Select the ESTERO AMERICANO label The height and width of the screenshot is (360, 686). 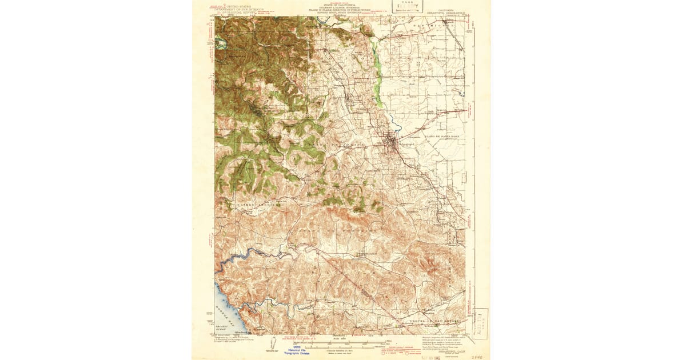click(257, 203)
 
